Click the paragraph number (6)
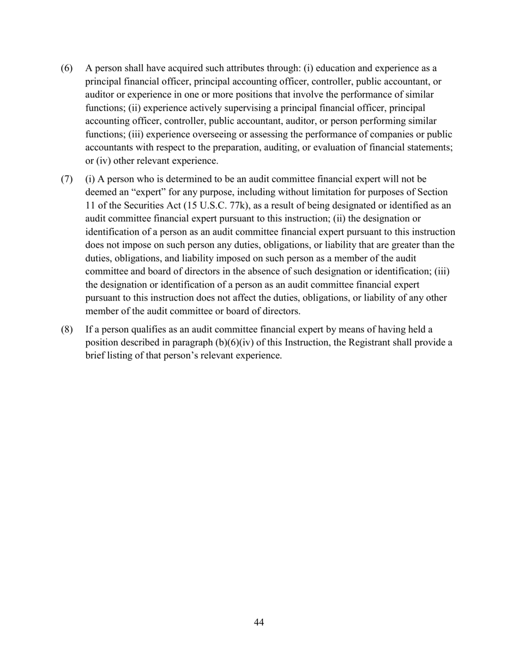click(x=66, y=69)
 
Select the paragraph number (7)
click(x=66, y=179)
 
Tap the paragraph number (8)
click(x=66, y=329)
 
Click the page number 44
click(x=259, y=622)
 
